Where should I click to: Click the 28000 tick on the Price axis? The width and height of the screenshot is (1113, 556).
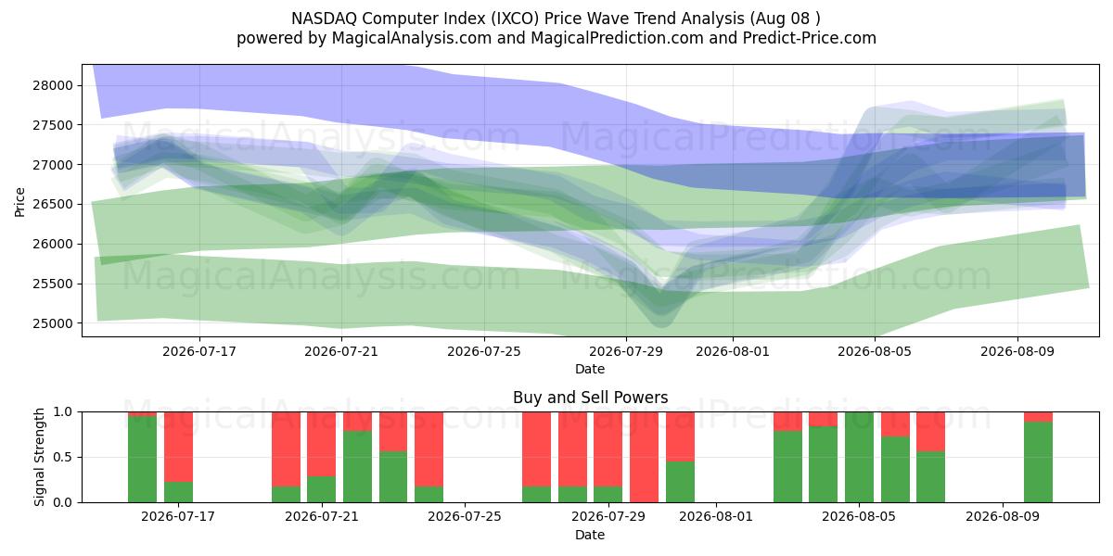click(53, 85)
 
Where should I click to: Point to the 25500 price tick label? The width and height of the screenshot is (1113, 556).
click(53, 284)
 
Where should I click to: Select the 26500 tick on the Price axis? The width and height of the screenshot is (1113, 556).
click(53, 205)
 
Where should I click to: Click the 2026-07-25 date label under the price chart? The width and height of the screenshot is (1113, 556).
click(484, 351)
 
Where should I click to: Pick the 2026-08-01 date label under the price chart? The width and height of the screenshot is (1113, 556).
click(733, 351)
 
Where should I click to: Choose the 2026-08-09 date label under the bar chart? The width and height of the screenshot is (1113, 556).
click(1003, 517)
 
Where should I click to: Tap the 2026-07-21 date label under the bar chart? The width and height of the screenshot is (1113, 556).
click(322, 517)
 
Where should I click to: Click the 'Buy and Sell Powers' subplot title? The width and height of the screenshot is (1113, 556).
click(590, 398)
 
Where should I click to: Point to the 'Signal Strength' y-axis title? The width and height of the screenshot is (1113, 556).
click(39, 457)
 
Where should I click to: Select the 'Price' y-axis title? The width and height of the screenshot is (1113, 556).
click(19, 202)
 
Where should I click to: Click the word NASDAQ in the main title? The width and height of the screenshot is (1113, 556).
click(324, 19)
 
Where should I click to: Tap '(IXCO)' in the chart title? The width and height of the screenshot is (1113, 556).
click(515, 19)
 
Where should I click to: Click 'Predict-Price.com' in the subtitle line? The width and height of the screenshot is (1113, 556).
click(810, 38)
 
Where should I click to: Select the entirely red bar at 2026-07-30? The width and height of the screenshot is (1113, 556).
click(644, 457)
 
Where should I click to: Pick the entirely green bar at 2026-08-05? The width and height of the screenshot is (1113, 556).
click(859, 457)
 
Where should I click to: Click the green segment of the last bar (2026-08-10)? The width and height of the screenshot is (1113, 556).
click(1038, 462)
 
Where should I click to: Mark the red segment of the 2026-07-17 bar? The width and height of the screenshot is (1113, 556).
click(178, 447)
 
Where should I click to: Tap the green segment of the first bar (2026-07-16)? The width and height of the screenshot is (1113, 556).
click(142, 460)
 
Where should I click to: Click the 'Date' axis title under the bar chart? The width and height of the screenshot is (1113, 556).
click(590, 536)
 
